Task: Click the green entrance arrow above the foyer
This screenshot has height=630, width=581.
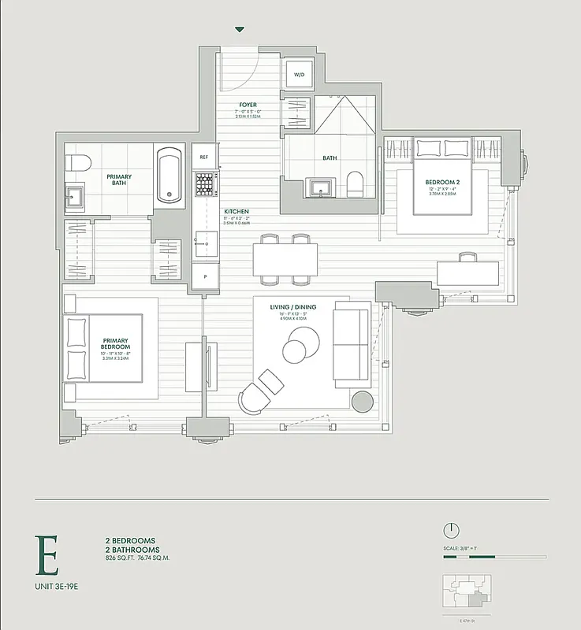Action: click(x=240, y=30)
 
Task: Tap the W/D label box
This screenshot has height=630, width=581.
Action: click(x=300, y=75)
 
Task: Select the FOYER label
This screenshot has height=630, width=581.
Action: click(x=248, y=105)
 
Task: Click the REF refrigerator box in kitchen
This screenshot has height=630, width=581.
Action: click(x=204, y=157)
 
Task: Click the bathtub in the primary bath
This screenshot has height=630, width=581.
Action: click(x=169, y=175)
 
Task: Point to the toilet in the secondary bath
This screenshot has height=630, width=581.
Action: click(x=354, y=184)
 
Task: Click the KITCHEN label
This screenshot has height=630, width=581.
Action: click(x=236, y=213)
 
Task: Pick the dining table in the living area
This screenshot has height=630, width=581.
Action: click(x=285, y=258)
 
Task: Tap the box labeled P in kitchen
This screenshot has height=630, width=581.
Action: click(x=205, y=276)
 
